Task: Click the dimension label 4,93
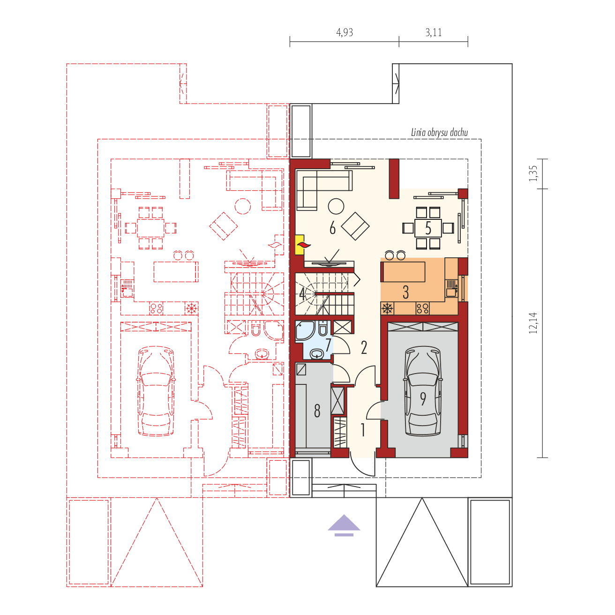point(345,32)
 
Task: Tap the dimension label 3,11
point(434,32)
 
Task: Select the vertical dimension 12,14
point(533,323)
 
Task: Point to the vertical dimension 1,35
point(533,174)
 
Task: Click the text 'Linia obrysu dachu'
point(439,132)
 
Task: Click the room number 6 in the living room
point(332,228)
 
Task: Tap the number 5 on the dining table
point(428,228)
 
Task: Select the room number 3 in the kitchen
point(405,292)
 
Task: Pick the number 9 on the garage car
point(423,399)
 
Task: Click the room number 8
point(317,411)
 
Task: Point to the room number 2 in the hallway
point(364,347)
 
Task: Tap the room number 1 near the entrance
point(362,430)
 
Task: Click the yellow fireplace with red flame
point(300,245)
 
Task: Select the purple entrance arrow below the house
point(344,525)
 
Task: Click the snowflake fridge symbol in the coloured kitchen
point(387,308)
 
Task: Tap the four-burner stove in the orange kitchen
point(422,308)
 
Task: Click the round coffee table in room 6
point(336,206)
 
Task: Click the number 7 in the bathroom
point(328,345)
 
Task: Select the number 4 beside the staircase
point(302,294)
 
